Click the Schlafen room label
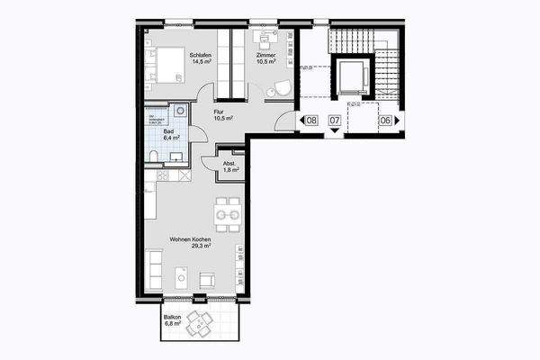[199, 56]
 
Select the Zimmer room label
[266, 56]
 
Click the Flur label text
[219, 112]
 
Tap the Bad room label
[168, 132]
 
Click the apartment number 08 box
[311, 120]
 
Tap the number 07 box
[334, 120]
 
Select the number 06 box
[385, 120]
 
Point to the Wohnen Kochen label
[191, 238]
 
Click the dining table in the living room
[228, 215]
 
